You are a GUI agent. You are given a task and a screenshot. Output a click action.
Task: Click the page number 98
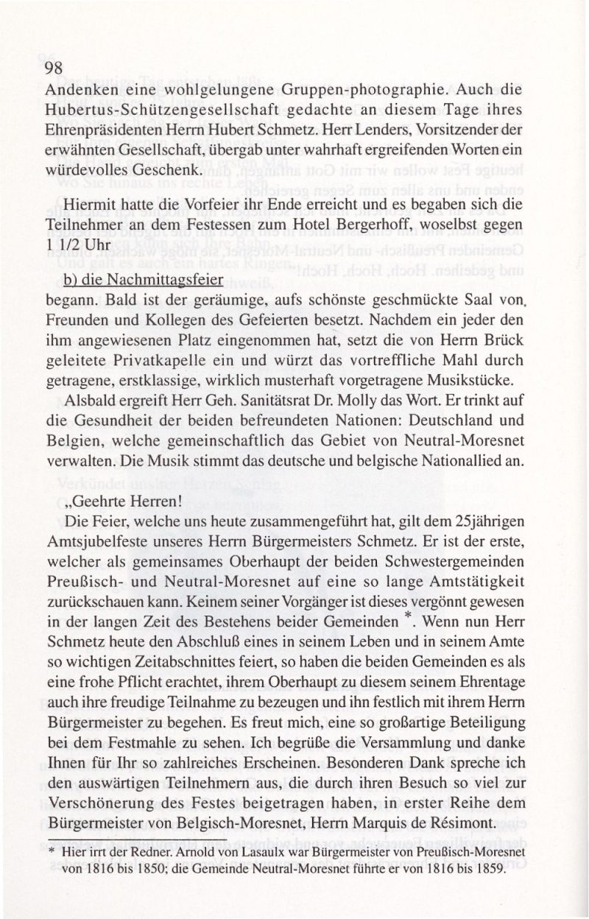[56, 68]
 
